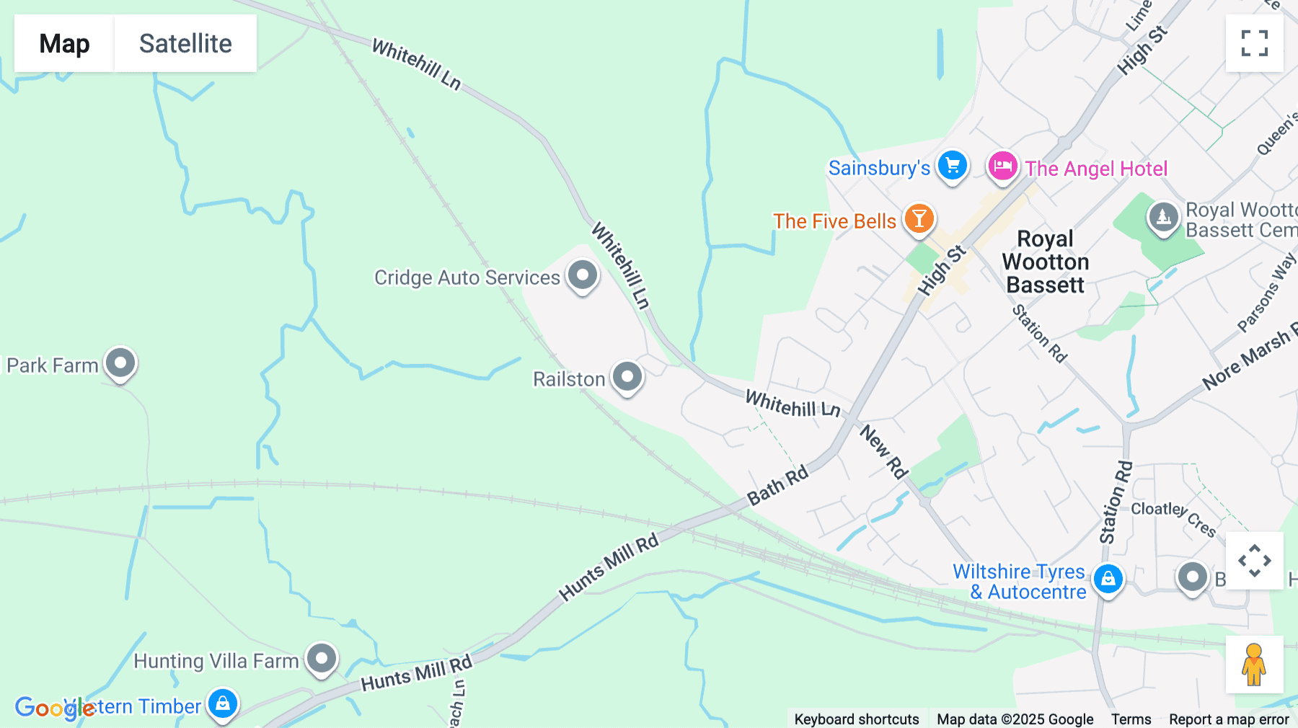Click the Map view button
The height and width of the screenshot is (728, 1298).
(64, 43)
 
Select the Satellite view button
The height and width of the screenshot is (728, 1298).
(185, 43)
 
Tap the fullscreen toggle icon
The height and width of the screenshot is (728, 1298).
(1254, 43)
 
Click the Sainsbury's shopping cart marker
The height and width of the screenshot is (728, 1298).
(953, 166)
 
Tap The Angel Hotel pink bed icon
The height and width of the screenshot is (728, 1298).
(1002, 167)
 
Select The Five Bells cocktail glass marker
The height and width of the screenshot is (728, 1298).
(919, 218)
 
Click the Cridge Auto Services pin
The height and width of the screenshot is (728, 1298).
(583, 275)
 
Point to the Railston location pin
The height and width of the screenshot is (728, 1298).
(627, 376)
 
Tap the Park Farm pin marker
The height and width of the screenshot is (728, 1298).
(120, 363)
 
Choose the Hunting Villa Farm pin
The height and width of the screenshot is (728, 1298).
(322, 658)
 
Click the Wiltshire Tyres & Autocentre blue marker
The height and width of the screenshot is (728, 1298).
(1108, 579)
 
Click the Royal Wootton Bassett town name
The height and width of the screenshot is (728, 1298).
(1045, 262)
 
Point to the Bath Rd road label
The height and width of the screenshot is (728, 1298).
(777, 486)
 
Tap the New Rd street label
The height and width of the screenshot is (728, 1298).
(883, 452)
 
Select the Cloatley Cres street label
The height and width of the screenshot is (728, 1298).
(1173, 518)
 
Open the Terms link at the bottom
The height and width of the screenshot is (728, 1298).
(1131, 719)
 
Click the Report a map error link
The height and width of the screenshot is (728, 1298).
(1229, 719)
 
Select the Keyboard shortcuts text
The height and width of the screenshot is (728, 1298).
(856, 719)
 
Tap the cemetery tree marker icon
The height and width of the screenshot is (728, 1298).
(1163, 216)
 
